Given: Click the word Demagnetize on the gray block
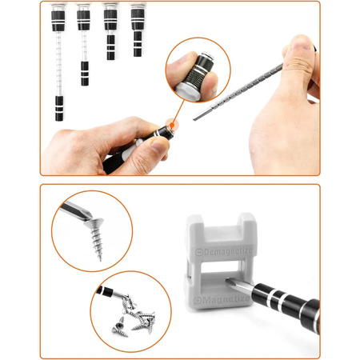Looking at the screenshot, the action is pyautogui.click(x=228, y=251).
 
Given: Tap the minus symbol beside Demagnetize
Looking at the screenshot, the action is pyautogui.click(x=199, y=252).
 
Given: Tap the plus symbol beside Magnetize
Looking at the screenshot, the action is pyautogui.click(x=198, y=301).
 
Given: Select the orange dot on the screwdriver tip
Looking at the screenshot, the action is pyautogui.click(x=173, y=125).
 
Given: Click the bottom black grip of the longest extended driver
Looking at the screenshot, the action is pyautogui.click(x=59, y=108).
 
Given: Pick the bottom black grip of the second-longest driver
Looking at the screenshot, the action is pyautogui.click(x=85, y=74).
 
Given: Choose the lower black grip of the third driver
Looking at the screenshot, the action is pyautogui.click(x=110, y=47).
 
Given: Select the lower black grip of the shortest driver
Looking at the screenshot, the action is pyautogui.click(x=138, y=44).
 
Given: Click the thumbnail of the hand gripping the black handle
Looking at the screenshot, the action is pyautogui.click(x=159, y=145).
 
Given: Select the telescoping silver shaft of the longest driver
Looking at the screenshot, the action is pyautogui.click(x=59, y=63).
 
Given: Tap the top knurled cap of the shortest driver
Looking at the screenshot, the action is pyautogui.click(x=138, y=16).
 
